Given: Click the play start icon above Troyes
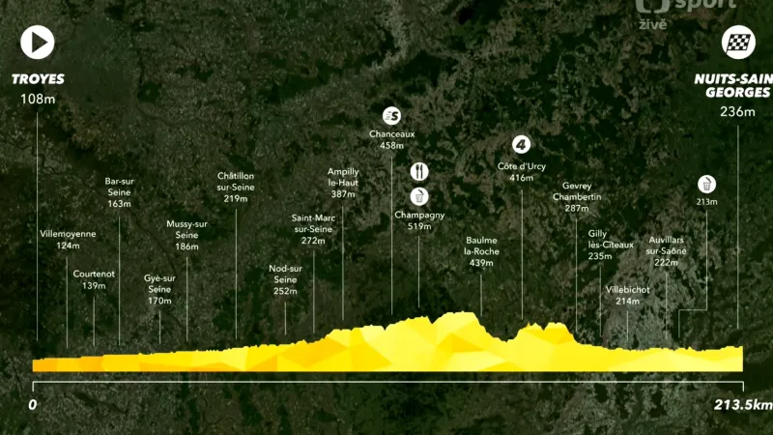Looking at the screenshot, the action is [37, 43].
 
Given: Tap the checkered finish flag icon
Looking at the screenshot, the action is [739, 42].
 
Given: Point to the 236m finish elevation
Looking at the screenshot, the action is [737, 111].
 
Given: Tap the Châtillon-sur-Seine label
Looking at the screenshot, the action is [236, 187].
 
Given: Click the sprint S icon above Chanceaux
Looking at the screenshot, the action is [391, 115].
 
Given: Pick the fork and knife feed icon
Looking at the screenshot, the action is [418, 171].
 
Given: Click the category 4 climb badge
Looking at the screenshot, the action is [522, 145].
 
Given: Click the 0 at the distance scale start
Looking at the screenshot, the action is [32, 403].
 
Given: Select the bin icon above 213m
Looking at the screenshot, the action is [707, 183].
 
